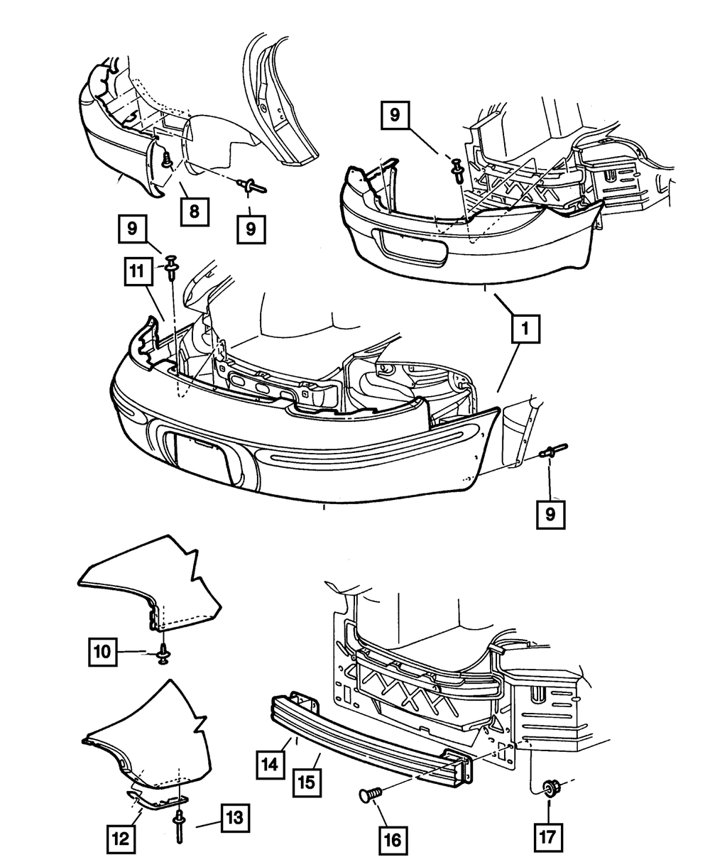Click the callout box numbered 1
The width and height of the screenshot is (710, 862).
[x=525, y=329]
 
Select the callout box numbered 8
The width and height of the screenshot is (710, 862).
[x=194, y=210]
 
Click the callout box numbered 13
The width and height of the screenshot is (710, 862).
[x=234, y=818]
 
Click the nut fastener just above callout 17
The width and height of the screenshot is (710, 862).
[x=550, y=787]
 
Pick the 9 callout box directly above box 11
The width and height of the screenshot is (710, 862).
[x=132, y=229]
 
